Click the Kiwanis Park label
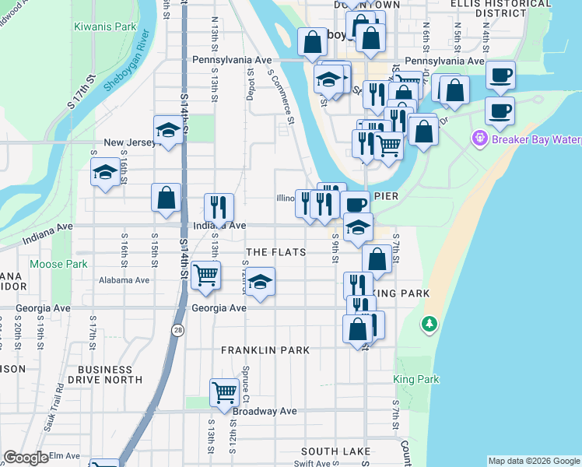tap(105, 26)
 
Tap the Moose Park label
tap(58, 265)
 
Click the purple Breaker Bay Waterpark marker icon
tap(479, 139)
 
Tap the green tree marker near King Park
tap(429, 322)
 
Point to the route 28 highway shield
tap(179, 332)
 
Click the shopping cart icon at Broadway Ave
tap(224, 392)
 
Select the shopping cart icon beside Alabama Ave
tap(205, 275)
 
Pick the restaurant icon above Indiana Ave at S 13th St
tap(219, 206)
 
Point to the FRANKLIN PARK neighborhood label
tap(265, 350)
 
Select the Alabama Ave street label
tap(124, 280)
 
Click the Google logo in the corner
tap(26, 458)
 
